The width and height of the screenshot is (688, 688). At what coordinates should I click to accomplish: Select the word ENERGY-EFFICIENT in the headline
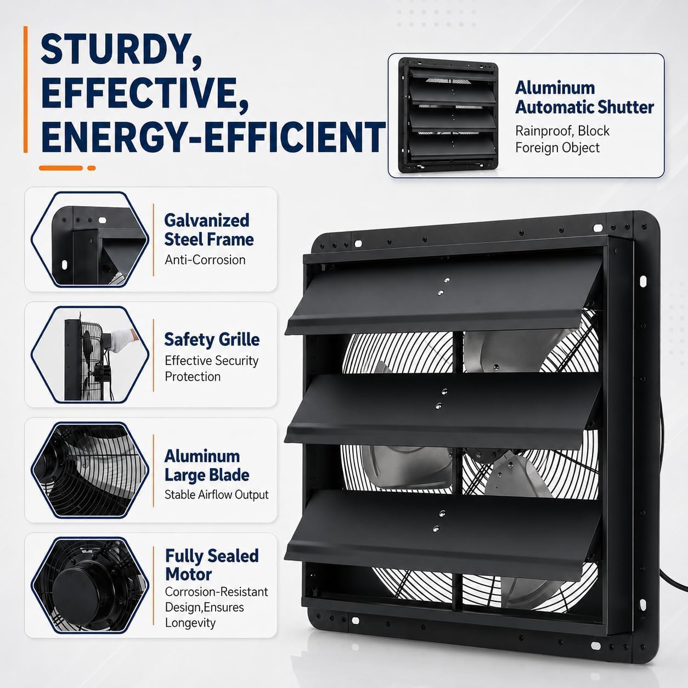click(213, 137)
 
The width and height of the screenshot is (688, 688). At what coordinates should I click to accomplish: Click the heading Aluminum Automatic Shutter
click(584, 98)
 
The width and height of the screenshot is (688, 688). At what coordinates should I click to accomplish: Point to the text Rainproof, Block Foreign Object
click(562, 139)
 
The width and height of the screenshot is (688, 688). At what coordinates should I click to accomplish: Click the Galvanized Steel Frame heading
click(208, 230)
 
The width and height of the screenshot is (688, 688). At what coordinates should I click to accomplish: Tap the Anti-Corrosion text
click(205, 260)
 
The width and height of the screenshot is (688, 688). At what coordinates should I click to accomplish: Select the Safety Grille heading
click(212, 340)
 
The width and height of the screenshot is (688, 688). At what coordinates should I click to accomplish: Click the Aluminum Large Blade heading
click(207, 466)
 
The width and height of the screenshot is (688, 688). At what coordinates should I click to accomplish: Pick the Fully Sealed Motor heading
click(212, 565)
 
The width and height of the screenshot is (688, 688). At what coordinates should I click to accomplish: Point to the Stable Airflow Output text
click(216, 494)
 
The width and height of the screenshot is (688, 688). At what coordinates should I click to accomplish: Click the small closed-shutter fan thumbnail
click(448, 115)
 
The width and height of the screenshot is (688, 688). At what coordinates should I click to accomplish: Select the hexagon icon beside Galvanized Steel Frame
click(90, 239)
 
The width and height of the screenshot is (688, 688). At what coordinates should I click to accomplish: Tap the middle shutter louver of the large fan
click(442, 410)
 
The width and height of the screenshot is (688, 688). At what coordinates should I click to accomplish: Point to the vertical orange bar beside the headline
click(26, 89)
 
